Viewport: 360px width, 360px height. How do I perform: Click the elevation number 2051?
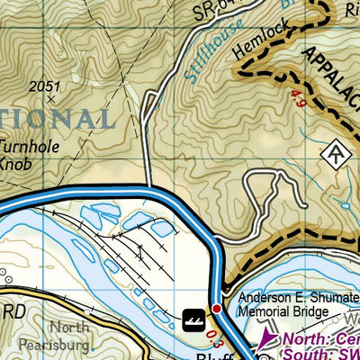pos(42,87)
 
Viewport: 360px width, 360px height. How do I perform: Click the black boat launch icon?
pos(192,318)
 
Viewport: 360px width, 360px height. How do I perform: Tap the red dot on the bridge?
pos(216,308)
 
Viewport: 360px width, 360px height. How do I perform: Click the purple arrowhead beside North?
pos(264,340)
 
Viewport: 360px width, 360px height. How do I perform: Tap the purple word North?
pos(307,339)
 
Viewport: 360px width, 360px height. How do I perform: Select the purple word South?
pos(307,354)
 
